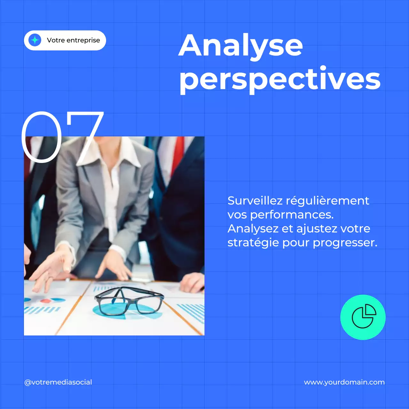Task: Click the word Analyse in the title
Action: tap(240, 46)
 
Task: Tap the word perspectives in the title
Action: tap(280, 79)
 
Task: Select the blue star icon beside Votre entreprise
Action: tap(35, 40)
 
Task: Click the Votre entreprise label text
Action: tap(73, 40)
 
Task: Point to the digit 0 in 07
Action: tap(42, 137)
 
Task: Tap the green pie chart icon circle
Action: tap(363, 317)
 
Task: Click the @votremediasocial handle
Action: tap(58, 382)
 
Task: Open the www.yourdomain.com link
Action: tap(344, 382)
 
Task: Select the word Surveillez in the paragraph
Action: tap(255, 201)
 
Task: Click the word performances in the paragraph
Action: tap(291, 215)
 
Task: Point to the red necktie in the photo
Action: tap(178, 153)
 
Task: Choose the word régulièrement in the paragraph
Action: tap(327, 201)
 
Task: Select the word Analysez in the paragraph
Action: tap(253, 228)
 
